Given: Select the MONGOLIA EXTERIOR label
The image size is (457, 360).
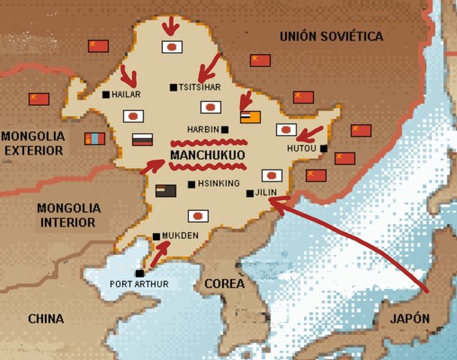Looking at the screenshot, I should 33,142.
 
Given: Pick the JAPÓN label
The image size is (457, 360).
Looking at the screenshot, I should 410,319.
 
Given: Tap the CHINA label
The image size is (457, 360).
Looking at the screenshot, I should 46,319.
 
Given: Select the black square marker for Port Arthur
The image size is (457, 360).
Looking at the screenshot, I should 139,273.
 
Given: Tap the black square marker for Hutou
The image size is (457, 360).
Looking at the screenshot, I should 323,148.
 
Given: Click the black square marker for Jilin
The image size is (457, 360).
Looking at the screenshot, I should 249,193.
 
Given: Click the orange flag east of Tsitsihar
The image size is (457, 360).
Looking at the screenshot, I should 250,117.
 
